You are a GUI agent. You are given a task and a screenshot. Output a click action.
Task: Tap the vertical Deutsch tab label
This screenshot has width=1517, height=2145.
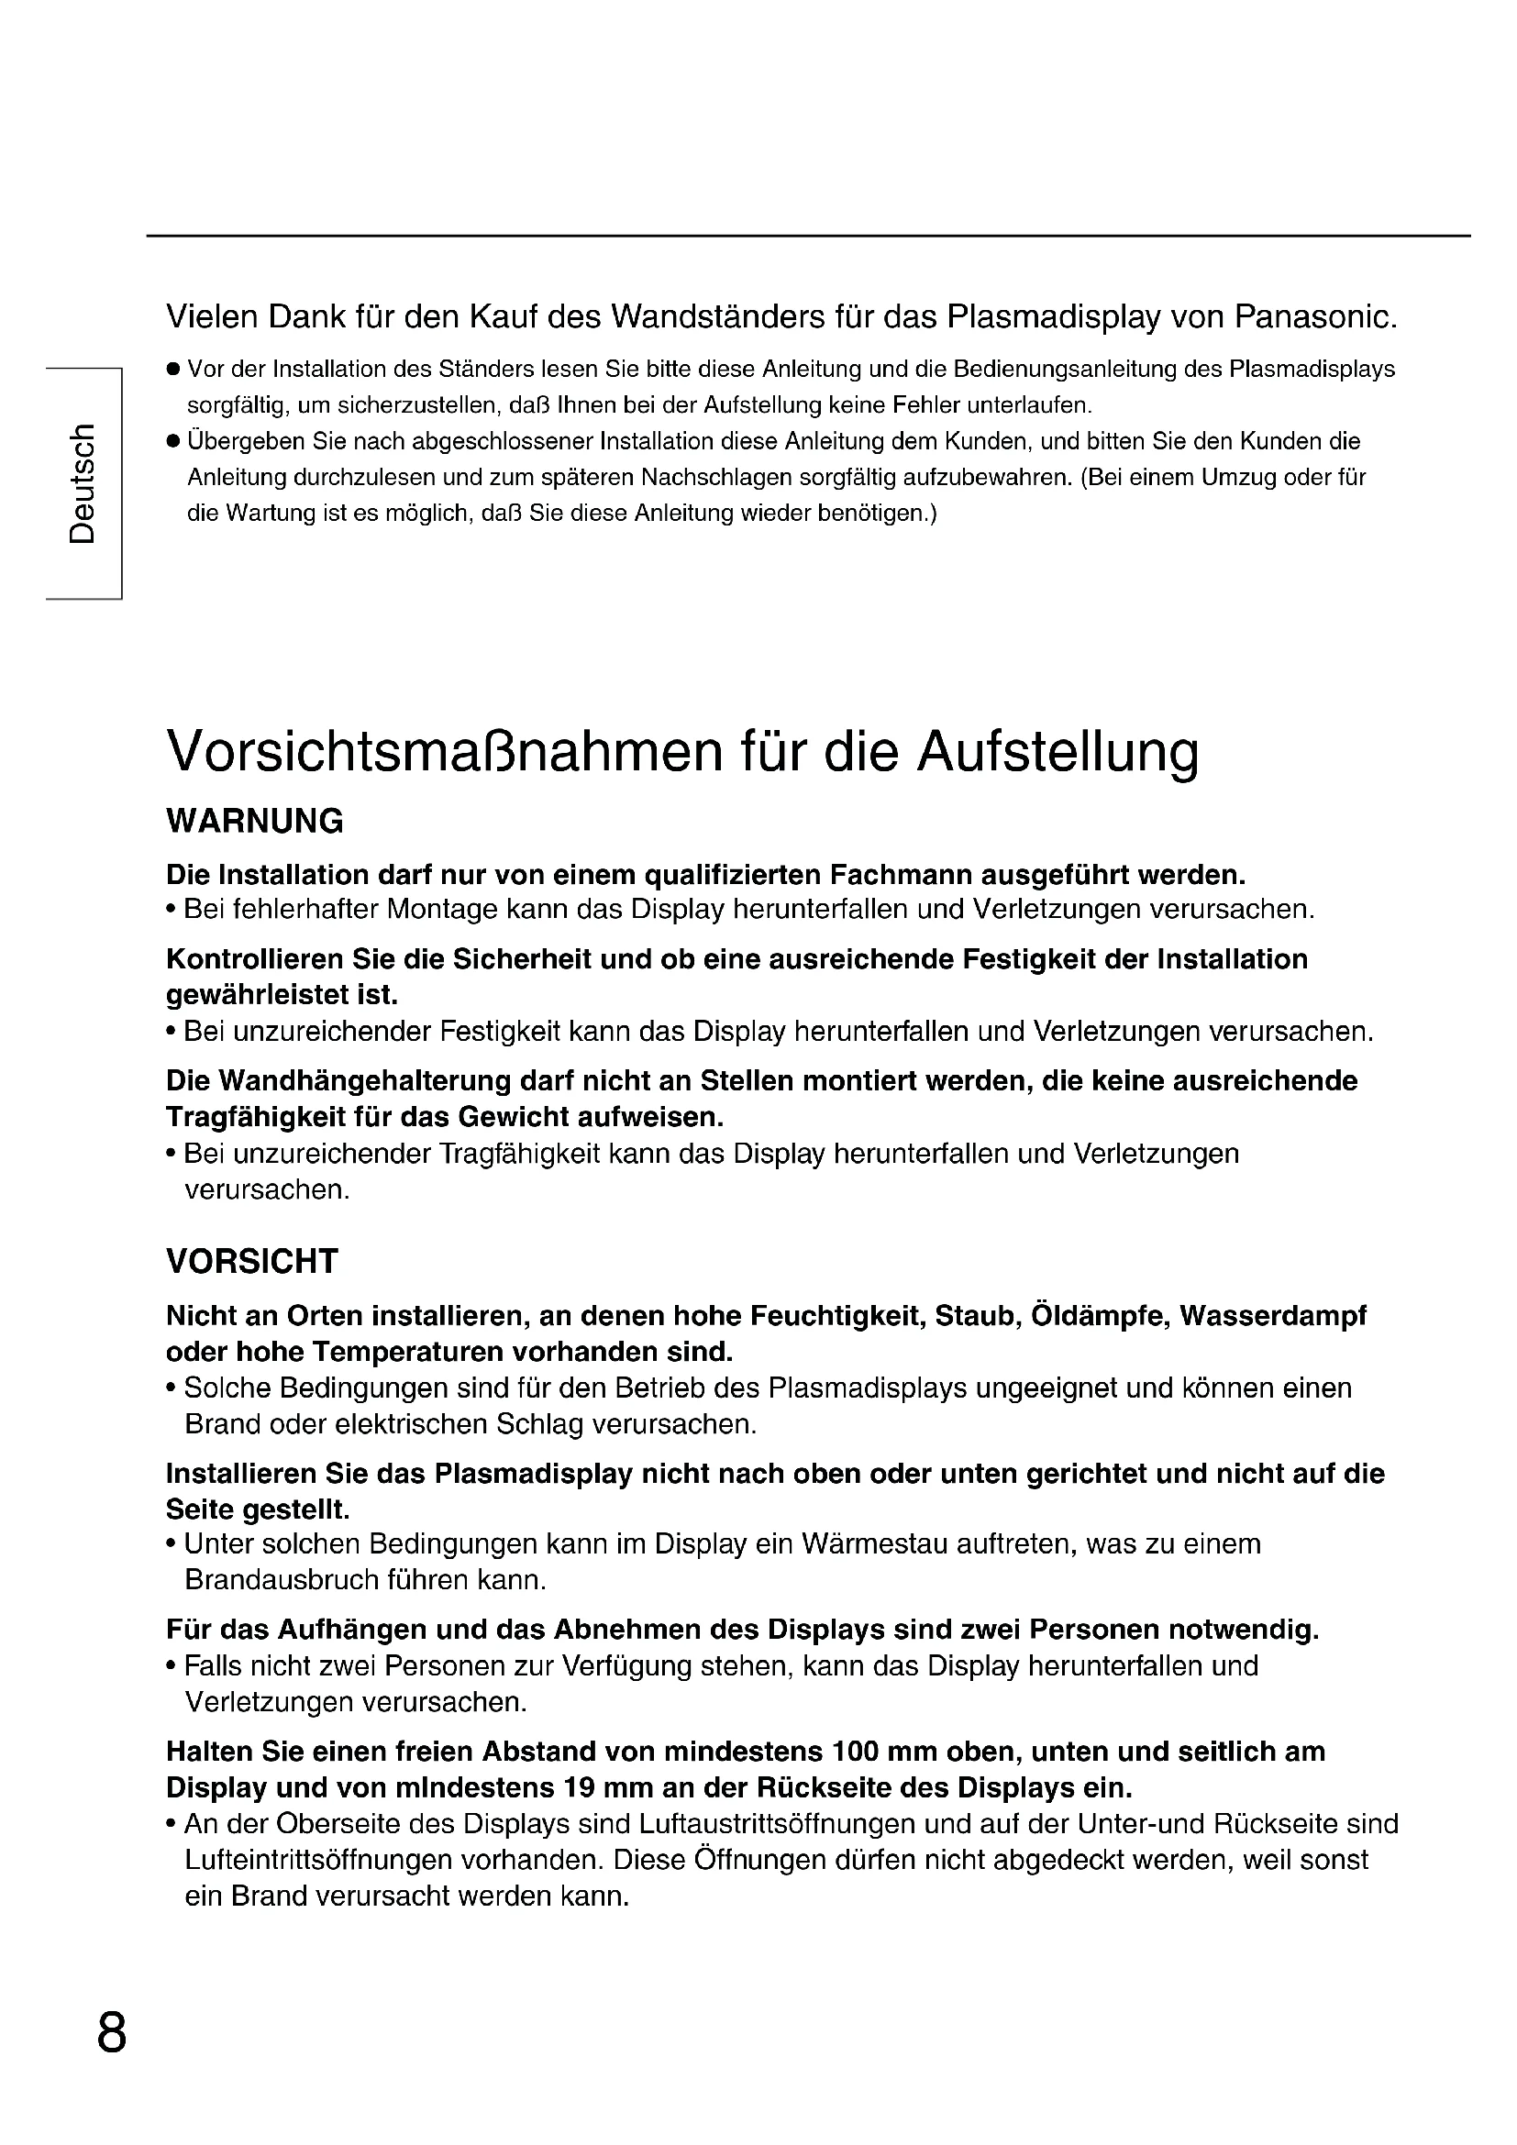point(83,483)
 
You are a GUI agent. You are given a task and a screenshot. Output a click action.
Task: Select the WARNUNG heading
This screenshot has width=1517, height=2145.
point(254,821)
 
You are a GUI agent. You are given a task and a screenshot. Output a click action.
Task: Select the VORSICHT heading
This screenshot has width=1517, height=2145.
point(251,1261)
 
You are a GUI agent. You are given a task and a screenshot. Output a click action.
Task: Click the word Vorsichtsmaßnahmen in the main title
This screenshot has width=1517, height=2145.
point(444,751)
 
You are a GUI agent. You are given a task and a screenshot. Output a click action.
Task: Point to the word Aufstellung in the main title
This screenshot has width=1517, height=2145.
point(1057,751)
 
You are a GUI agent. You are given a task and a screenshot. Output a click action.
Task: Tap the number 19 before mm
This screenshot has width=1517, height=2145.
point(581,1788)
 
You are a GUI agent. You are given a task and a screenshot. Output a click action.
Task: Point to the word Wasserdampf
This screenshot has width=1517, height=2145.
point(1272,1315)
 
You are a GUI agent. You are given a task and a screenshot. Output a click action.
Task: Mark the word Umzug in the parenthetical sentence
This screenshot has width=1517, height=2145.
point(1237,478)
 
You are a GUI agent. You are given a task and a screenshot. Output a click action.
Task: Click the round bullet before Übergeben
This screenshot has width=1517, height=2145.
point(172,441)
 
